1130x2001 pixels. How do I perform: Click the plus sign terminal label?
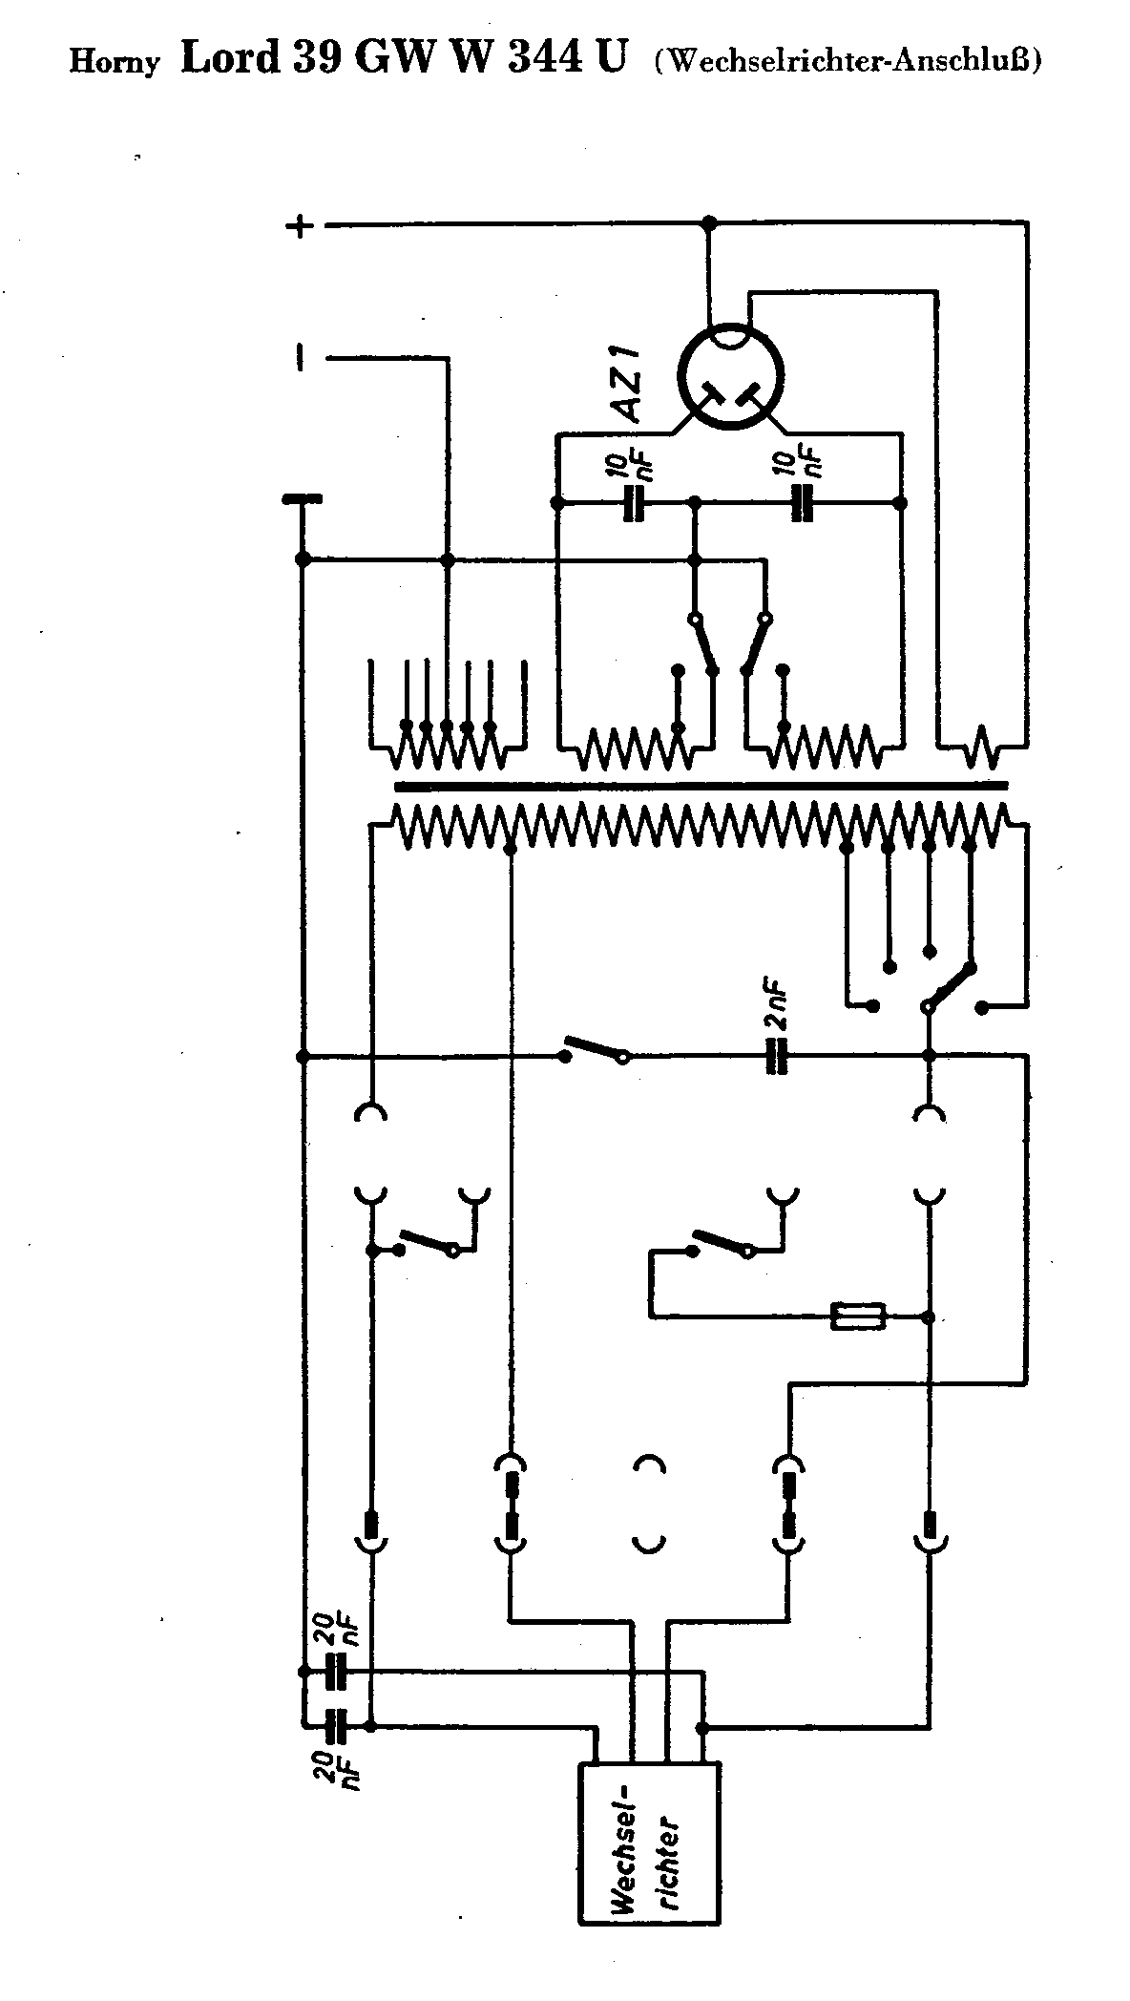(300, 226)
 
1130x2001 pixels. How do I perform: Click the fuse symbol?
(859, 1316)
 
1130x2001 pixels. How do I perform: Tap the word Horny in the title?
(114, 63)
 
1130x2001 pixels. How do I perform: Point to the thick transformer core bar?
(701, 787)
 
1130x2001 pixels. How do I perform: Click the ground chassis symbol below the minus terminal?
(302, 499)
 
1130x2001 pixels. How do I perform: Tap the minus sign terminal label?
(301, 359)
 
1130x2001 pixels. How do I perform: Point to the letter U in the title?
(613, 59)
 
